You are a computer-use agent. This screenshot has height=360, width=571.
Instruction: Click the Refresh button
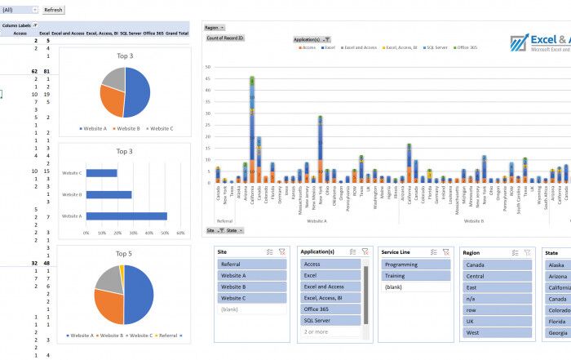coord(53,10)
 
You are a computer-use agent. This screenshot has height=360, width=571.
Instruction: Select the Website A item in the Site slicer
coord(251,276)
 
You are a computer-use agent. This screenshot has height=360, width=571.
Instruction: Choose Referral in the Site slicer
coord(251,264)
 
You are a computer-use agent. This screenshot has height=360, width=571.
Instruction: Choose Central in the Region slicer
coord(497,276)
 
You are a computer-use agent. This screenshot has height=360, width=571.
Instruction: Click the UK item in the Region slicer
coord(497,321)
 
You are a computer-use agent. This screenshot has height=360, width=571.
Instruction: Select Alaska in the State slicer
coord(558,264)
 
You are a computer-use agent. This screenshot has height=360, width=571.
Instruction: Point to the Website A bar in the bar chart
coord(126,216)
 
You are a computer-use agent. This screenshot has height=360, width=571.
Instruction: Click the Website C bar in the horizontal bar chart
coord(102,173)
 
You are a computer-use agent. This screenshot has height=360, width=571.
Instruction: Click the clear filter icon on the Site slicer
coord(282,252)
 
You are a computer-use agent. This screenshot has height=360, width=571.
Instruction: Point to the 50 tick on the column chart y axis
coord(208,67)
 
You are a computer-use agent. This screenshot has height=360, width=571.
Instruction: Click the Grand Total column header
coord(177,33)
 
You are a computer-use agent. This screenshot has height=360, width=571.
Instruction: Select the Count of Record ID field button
coord(226,38)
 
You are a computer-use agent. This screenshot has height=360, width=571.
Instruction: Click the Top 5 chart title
coord(124,253)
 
